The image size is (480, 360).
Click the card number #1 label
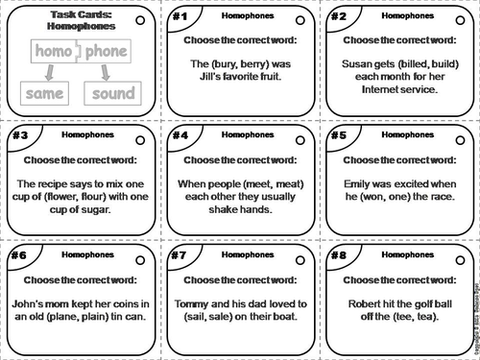pos(180,17)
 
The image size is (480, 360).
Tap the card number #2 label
pos(337,17)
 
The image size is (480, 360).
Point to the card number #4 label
pos(180,135)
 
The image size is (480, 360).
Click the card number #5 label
pos(337,135)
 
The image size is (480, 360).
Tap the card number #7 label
pos(180,256)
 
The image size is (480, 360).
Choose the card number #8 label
pos(337,256)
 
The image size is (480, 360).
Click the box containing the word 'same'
pos(44,94)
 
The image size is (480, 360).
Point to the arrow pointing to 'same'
pos(42,73)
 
